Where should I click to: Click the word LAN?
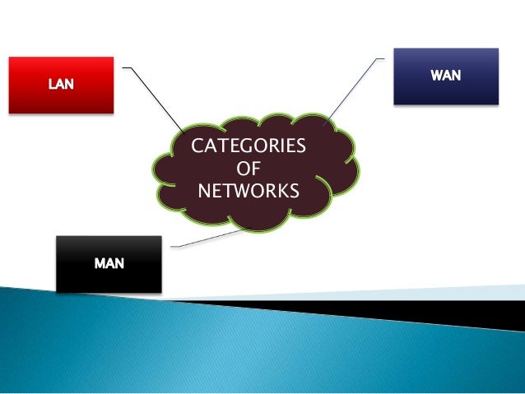coord(59,86)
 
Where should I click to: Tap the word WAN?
coord(446,76)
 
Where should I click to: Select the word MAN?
coord(109,264)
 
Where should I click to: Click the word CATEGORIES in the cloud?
coord(248,147)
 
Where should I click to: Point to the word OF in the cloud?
coord(247,169)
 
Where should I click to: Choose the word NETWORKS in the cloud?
coord(248,192)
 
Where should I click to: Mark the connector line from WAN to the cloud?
coord(354,90)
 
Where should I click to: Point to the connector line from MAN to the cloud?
coord(206,239)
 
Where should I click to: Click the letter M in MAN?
coord(99,264)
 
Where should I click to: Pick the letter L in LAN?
coord(51,86)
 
